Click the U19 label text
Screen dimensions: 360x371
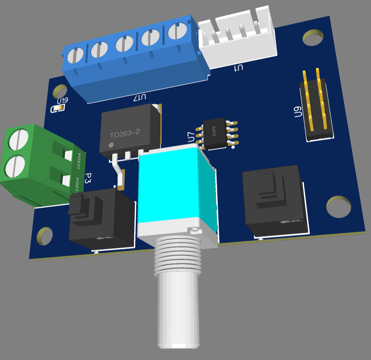(x=63, y=101)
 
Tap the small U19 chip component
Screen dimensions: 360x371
(x=58, y=109)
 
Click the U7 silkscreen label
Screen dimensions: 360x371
(x=192, y=137)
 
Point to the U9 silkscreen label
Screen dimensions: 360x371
(x=297, y=113)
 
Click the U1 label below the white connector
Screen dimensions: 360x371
(x=239, y=68)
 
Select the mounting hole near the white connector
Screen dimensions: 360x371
(x=313, y=37)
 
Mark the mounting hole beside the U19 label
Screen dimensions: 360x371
(x=60, y=91)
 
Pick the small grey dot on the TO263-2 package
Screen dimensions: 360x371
(x=111, y=145)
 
